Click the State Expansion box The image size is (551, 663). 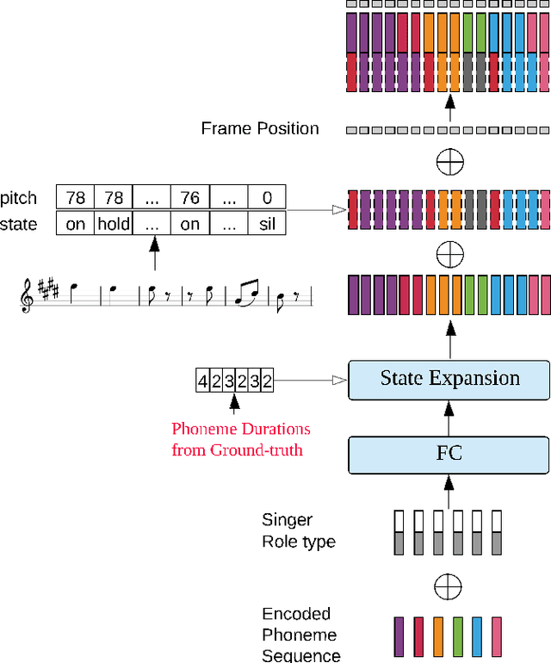(x=449, y=380)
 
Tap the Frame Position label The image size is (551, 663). (x=260, y=129)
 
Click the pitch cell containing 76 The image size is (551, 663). (x=189, y=198)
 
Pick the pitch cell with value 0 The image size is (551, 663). (x=267, y=198)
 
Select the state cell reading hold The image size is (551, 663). (x=113, y=224)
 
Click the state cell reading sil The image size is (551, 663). (x=267, y=224)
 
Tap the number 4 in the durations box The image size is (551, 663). (x=203, y=381)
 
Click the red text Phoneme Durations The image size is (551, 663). (x=240, y=429)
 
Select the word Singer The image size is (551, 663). (x=287, y=520)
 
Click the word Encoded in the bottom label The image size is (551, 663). (x=296, y=614)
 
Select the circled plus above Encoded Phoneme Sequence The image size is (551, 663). (x=449, y=587)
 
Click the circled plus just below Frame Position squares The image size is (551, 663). (x=449, y=162)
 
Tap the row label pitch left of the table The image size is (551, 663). (x=19, y=198)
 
